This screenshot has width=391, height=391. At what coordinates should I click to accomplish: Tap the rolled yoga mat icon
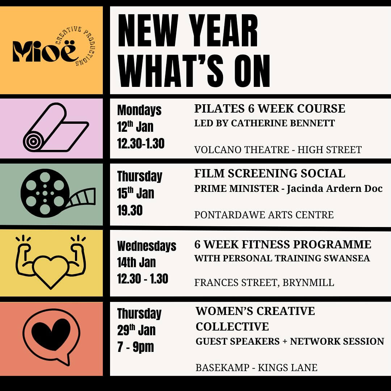56,127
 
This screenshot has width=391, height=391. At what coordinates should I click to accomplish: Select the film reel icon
58,193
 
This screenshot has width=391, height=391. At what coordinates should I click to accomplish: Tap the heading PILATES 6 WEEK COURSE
270,109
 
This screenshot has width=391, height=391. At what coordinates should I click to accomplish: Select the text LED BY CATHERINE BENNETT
264,123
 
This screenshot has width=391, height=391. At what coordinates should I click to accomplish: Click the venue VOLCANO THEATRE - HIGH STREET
278,150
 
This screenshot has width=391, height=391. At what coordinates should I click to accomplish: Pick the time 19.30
130,210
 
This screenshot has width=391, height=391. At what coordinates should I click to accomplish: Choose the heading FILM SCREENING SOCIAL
270,173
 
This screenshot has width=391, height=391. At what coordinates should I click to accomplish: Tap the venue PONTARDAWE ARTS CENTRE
264,215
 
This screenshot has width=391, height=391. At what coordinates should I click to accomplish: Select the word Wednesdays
147,246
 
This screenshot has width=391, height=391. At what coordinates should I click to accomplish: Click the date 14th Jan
136,262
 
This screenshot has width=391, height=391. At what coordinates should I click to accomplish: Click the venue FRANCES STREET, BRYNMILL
264,283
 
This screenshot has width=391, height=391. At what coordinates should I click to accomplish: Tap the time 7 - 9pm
135,347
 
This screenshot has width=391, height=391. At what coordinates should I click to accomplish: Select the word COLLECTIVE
232,327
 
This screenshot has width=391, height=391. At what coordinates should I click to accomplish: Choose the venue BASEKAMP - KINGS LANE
256,368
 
